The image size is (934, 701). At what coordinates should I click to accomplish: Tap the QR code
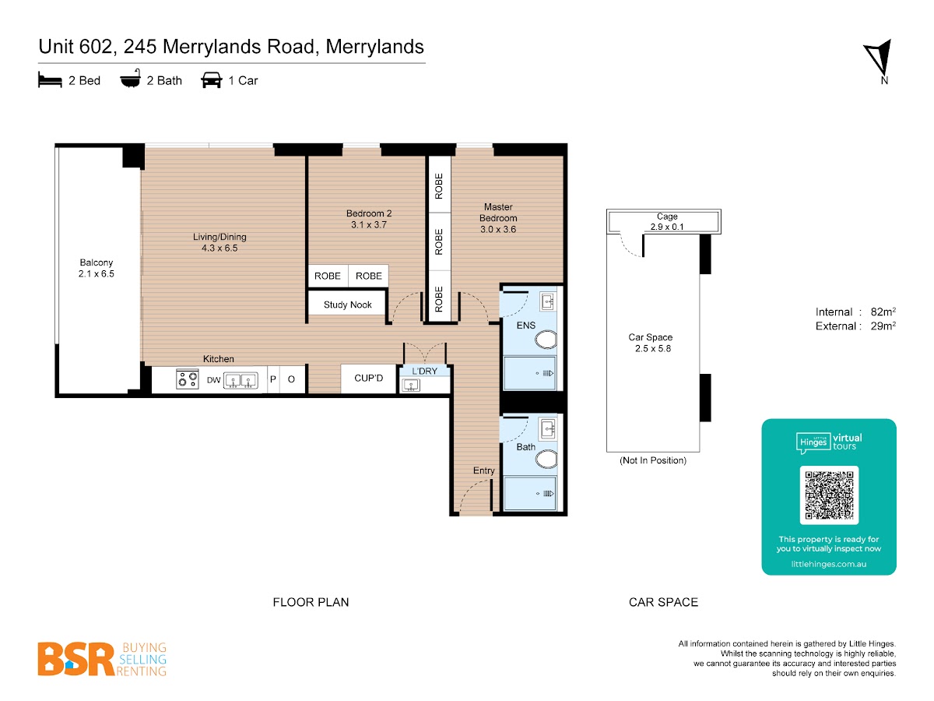[x=829, y=495]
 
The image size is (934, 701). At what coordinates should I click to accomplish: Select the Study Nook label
[x=347, y=305]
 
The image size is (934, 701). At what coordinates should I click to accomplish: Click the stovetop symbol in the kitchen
[x=188, y=379]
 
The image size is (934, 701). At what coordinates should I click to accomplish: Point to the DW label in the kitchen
[x=213, y=380]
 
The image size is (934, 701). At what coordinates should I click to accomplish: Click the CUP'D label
[x=368, y=378]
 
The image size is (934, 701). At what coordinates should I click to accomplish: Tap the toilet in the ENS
[x=546, y=340]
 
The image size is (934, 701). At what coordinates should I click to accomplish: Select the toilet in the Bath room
[x=546, y=460]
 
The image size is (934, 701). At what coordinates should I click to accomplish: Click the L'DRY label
[x=424, y=372]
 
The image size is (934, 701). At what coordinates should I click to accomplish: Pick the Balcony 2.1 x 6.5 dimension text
[x=97, y=273]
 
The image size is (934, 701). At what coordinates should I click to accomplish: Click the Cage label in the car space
[x=667, y=217]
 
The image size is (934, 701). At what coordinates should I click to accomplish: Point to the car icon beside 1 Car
[x=212, y=80]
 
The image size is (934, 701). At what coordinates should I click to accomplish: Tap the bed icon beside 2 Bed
[x=50, y=80]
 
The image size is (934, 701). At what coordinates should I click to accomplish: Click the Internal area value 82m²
[x=883, y=312]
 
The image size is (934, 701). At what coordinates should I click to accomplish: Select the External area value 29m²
[x=883, y=326]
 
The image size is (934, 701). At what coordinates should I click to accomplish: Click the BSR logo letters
[x=76, y=659]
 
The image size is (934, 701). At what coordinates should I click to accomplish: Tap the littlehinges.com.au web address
[x=828, y=564]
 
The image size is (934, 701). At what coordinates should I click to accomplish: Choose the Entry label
[x=484, y=470]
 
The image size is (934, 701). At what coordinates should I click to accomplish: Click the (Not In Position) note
[x=653, y=460]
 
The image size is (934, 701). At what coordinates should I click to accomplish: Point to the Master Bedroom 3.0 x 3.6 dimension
[x=498, y=230]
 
